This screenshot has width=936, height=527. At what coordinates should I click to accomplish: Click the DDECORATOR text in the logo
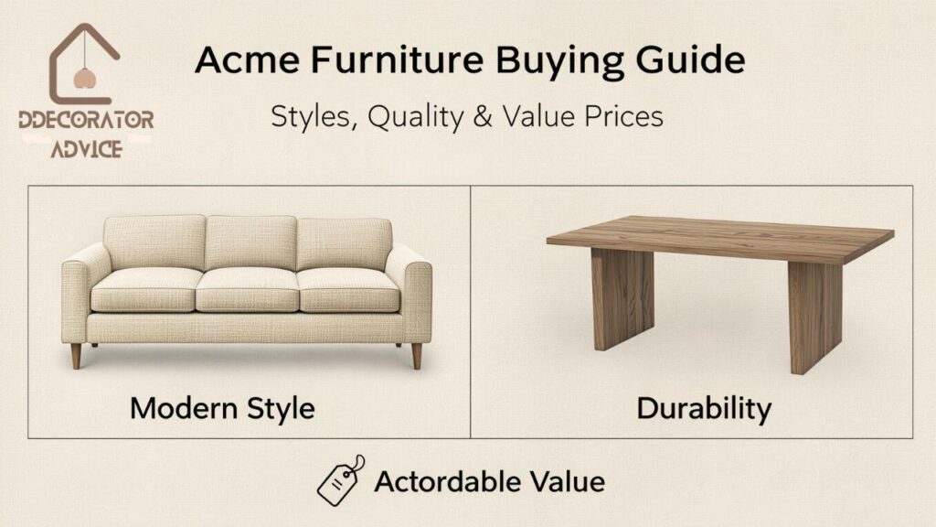coord(86,122)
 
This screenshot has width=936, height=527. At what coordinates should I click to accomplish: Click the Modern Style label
coord(221,407)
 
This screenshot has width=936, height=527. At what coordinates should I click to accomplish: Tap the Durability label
coord(703,407)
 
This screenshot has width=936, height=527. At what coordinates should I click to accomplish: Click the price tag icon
coord(340,479)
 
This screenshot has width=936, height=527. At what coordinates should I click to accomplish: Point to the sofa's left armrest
coord(79,293)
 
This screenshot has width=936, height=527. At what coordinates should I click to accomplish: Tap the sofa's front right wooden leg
coord(417,355)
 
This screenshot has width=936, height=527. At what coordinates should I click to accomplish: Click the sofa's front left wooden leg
coord(76,355)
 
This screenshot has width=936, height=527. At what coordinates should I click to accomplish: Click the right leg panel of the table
coord(814,311)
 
